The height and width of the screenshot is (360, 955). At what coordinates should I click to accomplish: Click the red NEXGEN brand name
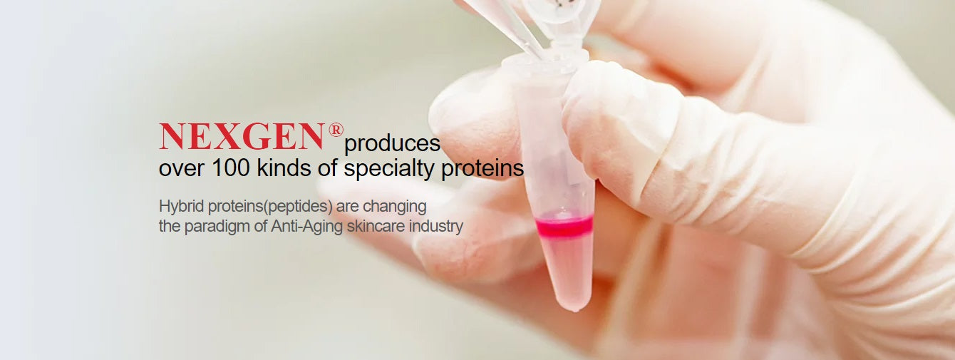coord(242,137)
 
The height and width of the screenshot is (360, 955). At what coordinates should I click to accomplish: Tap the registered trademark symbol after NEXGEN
coord(336,130)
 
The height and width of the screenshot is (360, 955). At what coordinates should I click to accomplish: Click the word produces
coord(392,144)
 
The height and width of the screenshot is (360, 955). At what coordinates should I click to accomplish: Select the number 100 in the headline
coord(224,169)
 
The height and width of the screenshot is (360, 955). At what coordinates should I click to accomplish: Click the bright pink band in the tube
coord(564,227)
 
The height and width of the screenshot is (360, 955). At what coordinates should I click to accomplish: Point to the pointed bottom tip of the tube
coord(576,307)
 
